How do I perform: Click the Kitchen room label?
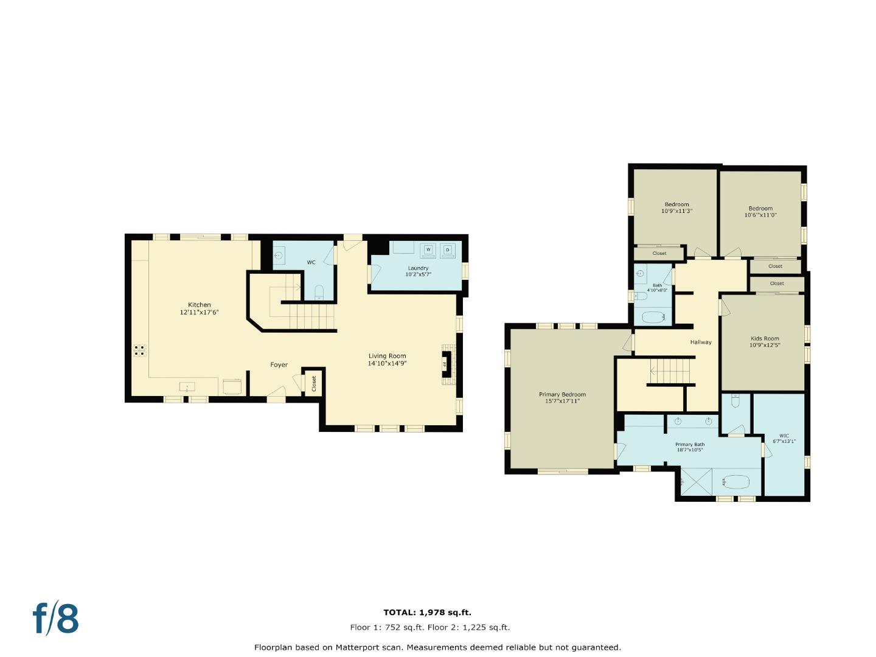coord(199,305)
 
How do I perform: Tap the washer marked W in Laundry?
coord(428,250)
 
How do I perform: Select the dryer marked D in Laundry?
coord(448,250)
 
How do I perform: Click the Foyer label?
coord(279,365)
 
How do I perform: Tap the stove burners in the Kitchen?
coord(139,350)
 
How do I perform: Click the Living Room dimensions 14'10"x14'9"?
coord(387,364)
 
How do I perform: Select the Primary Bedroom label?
coord(562,395)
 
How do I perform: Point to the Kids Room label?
coord(765,339)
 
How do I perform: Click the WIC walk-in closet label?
coord(784,436)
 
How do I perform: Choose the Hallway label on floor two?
coord(701,342)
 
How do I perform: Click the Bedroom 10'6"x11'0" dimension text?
coord(760,215)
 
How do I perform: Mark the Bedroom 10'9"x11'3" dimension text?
coord(676,211)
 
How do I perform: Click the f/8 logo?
coord(56,619)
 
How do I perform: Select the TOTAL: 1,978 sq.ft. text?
coord(427,613)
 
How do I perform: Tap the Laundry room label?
coord(418,268)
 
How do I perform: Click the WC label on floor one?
coord(311,263)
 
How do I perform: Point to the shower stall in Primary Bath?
coord(696,482)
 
